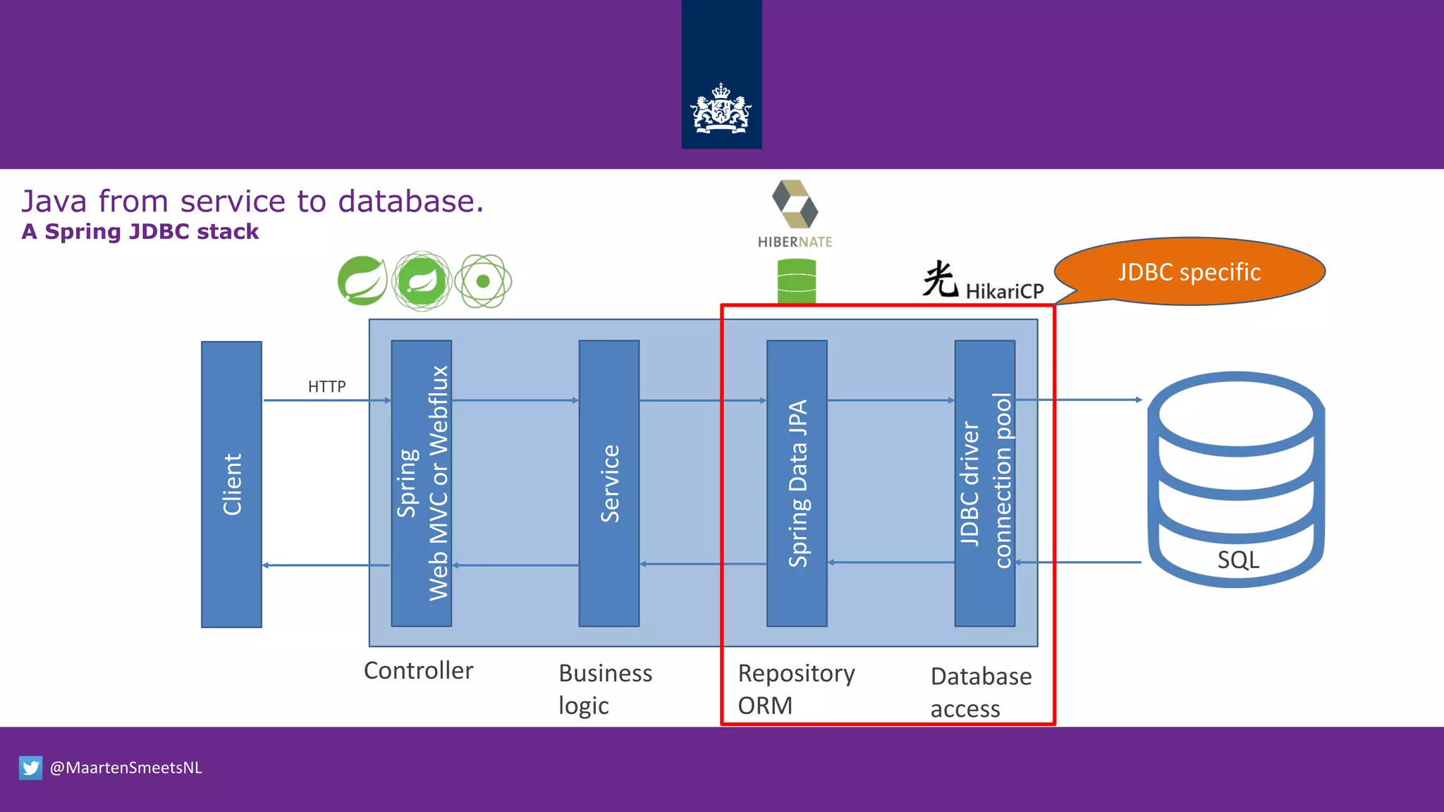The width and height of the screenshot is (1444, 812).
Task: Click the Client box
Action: tap(231, 484)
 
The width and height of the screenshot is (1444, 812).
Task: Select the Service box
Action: tap(609, 484)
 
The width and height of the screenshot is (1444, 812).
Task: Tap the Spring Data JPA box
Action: tap(797, 484)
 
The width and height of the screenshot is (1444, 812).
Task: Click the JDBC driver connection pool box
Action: tap(985, 484)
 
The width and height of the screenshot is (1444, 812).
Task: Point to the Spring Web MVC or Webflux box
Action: tap(422, 484)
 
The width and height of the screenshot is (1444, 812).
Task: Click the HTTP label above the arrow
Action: tap(326, 386)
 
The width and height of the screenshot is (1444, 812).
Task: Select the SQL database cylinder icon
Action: tap(1237, 479)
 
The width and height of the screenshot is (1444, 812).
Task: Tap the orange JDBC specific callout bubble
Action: tap(1190, 272)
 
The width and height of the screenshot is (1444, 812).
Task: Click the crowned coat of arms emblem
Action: tap(721, 109)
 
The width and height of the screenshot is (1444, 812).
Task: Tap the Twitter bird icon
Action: tap(30, 768)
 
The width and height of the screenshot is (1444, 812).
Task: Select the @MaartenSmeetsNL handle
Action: tap(126, 768)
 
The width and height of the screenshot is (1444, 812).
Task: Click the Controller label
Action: tap(418, 670)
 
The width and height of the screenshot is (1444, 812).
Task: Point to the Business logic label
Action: tap(605, 689)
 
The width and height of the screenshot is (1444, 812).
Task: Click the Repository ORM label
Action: tap(796, 689)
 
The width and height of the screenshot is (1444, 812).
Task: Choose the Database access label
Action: tap(981, 691)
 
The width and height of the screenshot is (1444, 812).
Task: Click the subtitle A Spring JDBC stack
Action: tap(140, 231)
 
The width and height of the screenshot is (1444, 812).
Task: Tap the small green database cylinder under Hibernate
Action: tap(797, 281)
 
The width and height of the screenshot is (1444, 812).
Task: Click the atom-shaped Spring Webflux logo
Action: tap(483, 281)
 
